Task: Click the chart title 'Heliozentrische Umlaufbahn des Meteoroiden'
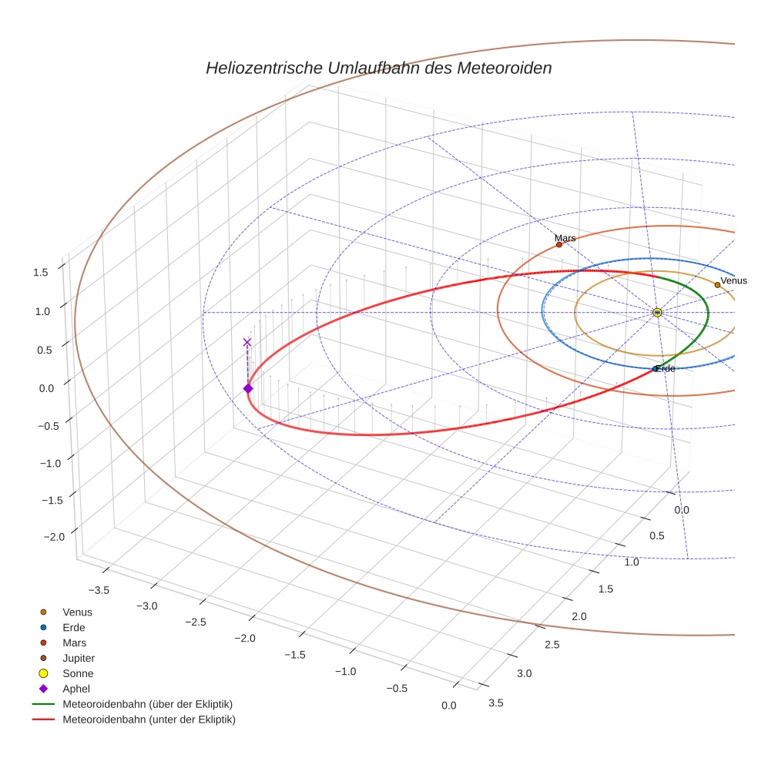coord(378,68)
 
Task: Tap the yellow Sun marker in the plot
coord(657,312)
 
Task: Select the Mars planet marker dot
coord(559,245)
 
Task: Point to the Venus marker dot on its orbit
coord(717,285)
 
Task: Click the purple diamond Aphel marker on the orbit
coord(248,389)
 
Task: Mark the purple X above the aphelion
coord(247,342)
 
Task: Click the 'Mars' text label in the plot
coord(565,238)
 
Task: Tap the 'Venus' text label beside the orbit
coord(733,280)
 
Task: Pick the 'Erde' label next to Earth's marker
coord(666,369)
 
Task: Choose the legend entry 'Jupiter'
coord(78,658)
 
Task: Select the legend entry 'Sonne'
coord(78,673)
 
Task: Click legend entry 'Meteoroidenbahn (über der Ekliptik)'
coord(147,704)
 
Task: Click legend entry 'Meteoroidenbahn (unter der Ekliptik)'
coord(149,719)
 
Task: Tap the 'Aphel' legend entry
coord(76,689)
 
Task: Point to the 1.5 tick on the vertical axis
coord(41,271)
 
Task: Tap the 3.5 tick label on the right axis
coord(496,702)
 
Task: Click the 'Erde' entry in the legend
coord(74,627)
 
